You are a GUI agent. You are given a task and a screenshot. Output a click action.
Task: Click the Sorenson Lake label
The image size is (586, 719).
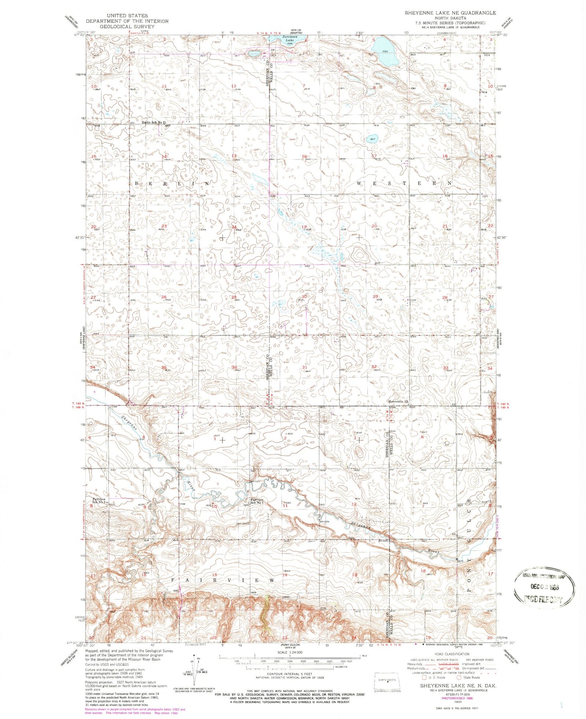[x=290, y=38]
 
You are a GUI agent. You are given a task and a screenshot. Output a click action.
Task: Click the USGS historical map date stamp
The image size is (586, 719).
[x=544, y=586]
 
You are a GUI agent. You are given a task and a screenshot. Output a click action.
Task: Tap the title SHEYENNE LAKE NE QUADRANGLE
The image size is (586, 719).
[x=450, y=13]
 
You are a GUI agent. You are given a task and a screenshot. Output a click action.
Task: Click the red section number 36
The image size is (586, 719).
[x=234, y=367]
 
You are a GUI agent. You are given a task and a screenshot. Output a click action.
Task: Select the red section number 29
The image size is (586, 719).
[x=375, y=297]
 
